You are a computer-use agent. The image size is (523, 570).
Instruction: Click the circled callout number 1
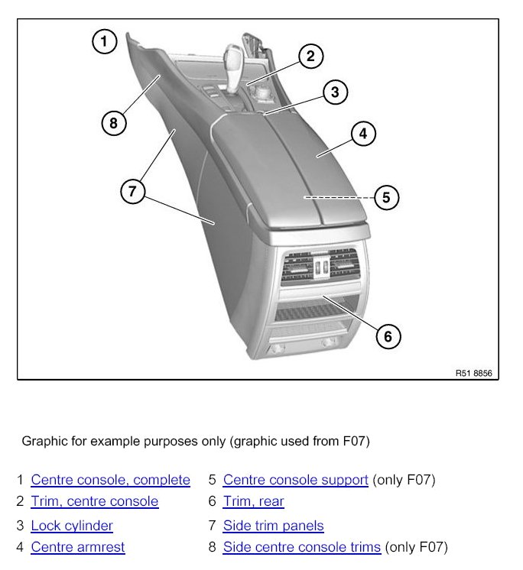coord(105,41)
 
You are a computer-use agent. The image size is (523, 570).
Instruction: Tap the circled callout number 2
coord(310,57)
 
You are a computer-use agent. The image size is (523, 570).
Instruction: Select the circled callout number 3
coord(335,92)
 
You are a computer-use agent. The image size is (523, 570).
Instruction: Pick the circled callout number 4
coord(363,134)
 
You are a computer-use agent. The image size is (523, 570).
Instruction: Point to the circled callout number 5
coord(386,198)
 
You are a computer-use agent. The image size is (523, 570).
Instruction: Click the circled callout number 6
coord(388,337)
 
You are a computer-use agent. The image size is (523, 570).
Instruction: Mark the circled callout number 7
coord(133,191)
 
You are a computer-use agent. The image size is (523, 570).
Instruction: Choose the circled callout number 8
coord(114,123)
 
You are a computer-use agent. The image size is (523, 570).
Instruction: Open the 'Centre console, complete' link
coord(111,480)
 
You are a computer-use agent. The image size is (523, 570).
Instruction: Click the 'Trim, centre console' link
coord(95,501)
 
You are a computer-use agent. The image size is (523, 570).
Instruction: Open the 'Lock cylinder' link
coord(72,526)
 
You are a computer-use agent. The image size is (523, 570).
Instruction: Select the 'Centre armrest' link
coord(78,547)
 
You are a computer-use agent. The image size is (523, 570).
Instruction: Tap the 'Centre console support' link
coord(296,480)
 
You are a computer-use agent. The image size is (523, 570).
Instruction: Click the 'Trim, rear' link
coord(254,501)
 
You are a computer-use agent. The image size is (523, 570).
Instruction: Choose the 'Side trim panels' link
coord(274,526)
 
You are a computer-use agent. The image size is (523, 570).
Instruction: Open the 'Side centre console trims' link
coord(302,547)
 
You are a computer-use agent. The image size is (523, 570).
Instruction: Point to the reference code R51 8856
coord(473,374)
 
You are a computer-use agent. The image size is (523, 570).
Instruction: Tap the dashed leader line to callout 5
coord(339,197)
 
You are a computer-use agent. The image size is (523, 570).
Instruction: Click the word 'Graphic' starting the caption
coord(45,442)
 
